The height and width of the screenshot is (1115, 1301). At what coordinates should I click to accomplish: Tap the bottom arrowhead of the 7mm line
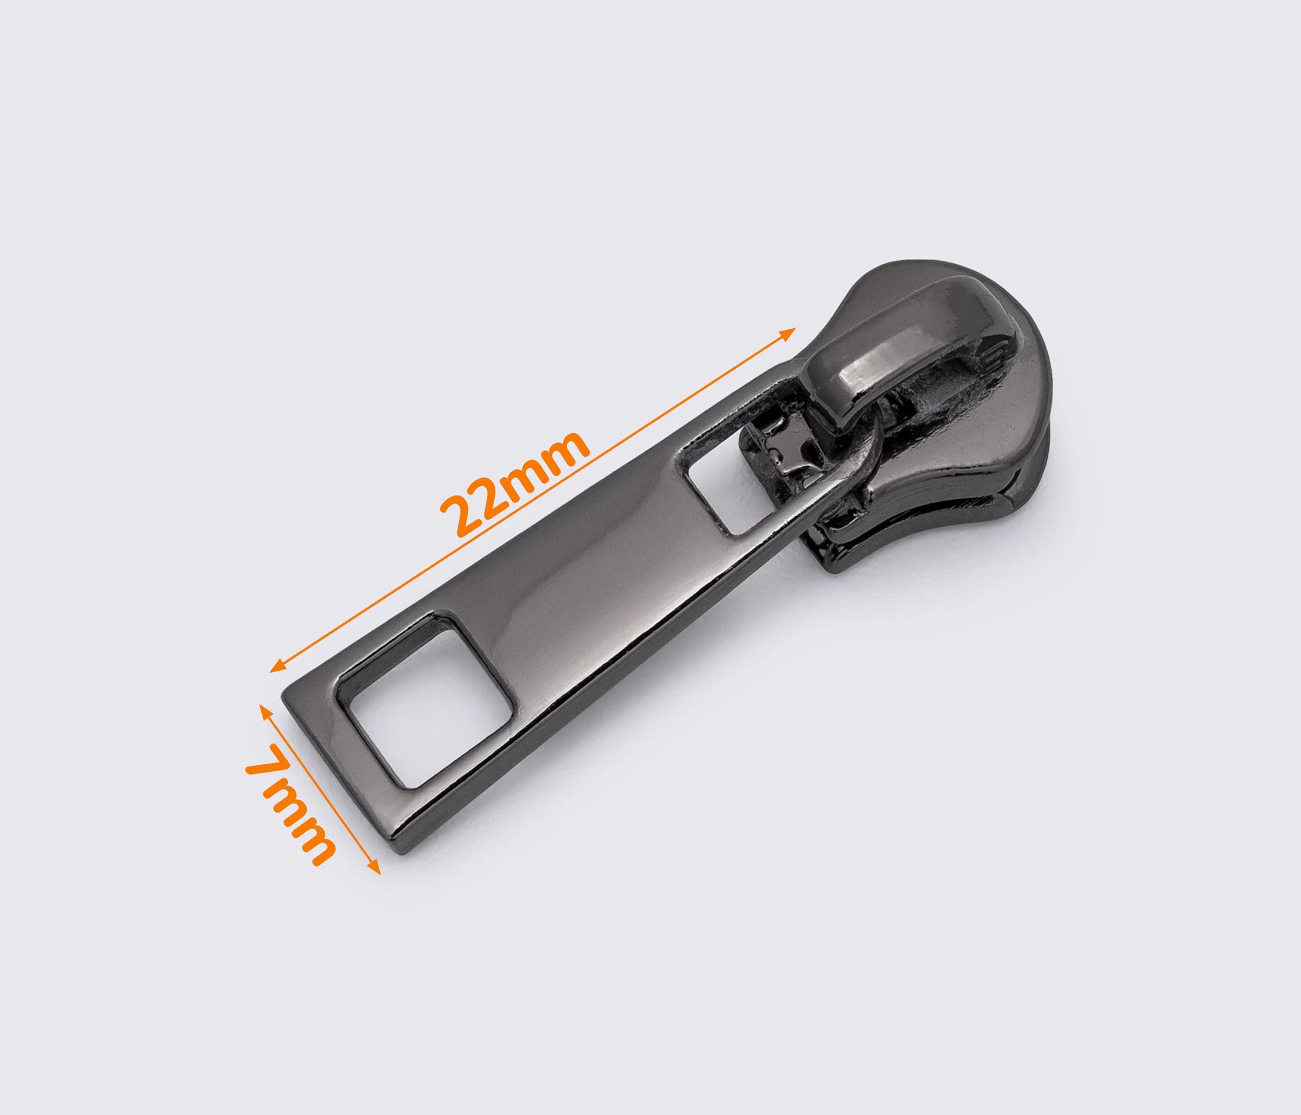pos(374,866)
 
